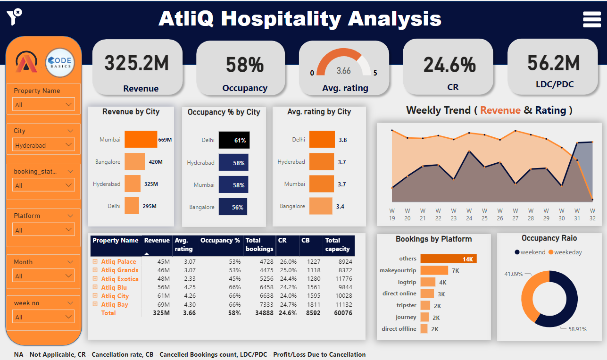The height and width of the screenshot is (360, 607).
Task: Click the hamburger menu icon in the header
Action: pyautogui.click(x=591, y=19)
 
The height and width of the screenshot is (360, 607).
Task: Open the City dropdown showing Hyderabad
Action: pyautogui.click(x=43, y=145)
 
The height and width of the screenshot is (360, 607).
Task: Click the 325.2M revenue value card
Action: pyautogui.click(x=136, y=63)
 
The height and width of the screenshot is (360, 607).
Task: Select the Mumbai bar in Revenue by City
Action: pyautogui.click(x=141, y=140)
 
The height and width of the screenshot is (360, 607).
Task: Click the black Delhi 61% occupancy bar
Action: pyautogui.click(x=234, y=140)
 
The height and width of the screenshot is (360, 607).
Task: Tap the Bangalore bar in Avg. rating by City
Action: pyautogui.click(x=321, y=206)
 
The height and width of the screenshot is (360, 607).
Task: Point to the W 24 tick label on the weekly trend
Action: pyautogui.click(x=469, y=214)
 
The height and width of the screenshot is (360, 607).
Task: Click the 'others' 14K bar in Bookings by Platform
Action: pyautogui.click(x=449, y=259)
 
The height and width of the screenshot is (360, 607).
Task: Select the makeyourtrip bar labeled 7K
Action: pyautogui.click(x=434, y=270)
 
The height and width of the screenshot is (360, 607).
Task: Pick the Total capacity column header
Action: pyautogui.click(x=337, y=244)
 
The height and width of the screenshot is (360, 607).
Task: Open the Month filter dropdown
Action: pyautogui.click(x=43, y=276)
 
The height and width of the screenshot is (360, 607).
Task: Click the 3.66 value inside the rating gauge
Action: pyautogui.click(x=343, y=71)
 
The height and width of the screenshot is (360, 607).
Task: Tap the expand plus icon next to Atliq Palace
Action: pyautogui.click(x=95, y=261)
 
